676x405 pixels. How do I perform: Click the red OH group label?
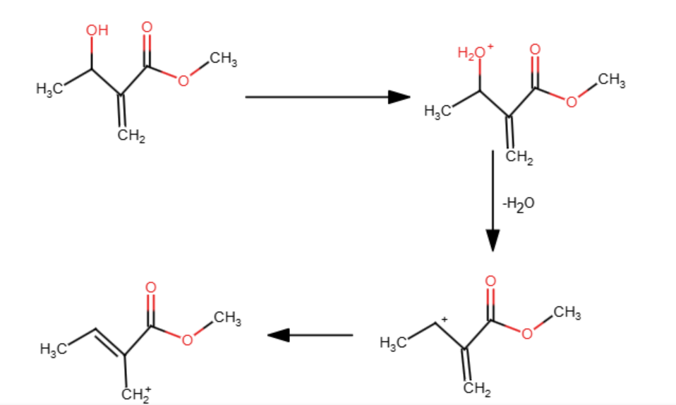[x=97, y=30]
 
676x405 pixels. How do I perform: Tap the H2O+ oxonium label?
[x=476, y=52]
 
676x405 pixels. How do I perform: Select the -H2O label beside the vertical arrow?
[x=518, y=203]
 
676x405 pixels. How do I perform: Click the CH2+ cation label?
[x=136, y=394]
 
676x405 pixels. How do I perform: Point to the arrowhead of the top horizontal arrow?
[x=399, y=97]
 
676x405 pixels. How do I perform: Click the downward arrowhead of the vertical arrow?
[x=493, y=241]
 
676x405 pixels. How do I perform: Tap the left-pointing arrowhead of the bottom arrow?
[x=279, y=335]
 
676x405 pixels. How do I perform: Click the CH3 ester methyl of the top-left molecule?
[x=223, y=59]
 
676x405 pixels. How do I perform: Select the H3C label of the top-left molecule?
[x=49, y=89]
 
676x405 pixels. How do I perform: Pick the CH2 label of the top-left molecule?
[x=131, y=136]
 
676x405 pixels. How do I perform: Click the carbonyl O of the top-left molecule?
[x=147, y=28]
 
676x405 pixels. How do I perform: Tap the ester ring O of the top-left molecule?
[x=183, y=80]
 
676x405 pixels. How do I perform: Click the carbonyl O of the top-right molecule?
[x=535, y=49]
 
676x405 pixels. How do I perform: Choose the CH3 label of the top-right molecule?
[x=611, y=80]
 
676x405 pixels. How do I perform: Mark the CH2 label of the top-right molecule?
[x=519, y=157]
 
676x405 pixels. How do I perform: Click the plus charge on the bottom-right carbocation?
[x=445, y=320]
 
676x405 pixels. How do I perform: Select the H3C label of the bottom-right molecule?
[x=394, y=343]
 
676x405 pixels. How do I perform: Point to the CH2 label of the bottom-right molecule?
[x=477, y=388]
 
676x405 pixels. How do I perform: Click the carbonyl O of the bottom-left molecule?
[x=150, y=288]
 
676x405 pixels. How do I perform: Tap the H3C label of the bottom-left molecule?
[x=54, y=349]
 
